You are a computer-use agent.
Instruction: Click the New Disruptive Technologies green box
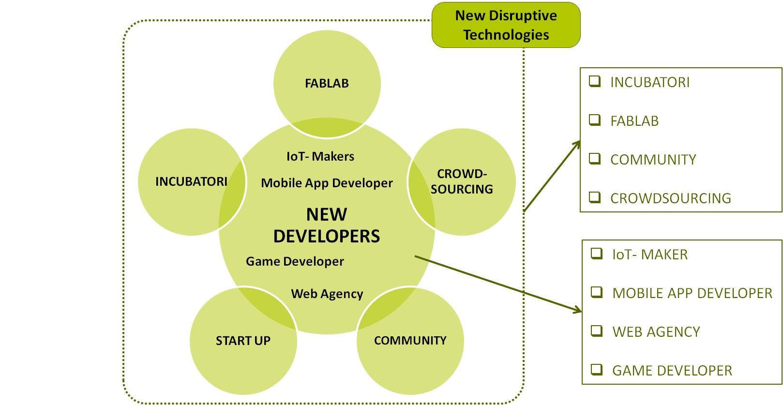coord(506,25)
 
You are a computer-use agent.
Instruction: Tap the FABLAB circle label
coord(327,84)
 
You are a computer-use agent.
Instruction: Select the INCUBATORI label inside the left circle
coord(191,182)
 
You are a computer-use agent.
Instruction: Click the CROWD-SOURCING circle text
coord(462,181)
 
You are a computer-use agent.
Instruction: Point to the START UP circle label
coord(243,341)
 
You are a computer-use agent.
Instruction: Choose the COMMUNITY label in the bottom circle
coord(410,340)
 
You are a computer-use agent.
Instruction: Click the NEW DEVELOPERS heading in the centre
coord(327,225)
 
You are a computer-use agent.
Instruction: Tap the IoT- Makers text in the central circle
coord(320,156)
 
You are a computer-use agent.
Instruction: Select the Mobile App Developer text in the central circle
coord(327,183)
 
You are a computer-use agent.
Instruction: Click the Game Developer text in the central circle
coord(295,261)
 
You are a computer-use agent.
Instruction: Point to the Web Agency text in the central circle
coord(327,294)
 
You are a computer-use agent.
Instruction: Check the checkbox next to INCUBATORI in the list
coord(595,81)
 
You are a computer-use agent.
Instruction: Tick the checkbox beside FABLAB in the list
coord(595,120)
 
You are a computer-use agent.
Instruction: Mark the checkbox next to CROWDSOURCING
coord(595,197)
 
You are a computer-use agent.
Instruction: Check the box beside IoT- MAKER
coord(597,254)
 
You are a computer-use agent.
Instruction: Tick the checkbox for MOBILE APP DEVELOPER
coord(597,292)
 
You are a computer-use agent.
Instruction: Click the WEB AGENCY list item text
coord(656,332)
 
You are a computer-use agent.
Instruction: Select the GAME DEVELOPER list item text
coord(672,371)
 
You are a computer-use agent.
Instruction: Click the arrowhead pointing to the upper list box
coord(576,145)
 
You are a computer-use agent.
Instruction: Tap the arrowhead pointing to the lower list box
coord(577,310)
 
